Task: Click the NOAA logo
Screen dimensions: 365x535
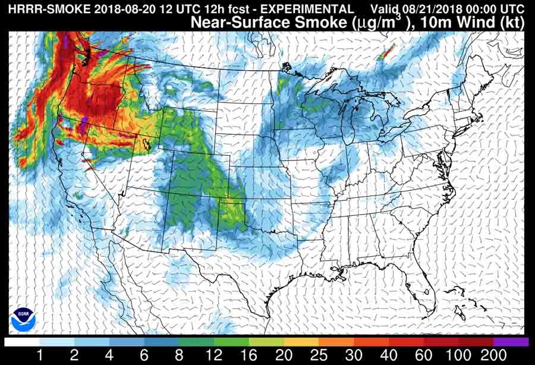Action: click(x=23, y=319)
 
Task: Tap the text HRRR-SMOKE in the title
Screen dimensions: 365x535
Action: click(x=39, y=9)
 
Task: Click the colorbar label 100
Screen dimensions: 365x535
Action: click(x=458, y=355)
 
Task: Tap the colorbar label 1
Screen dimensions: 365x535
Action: click(x=39, y=355)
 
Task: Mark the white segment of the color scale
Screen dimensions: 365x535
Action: click(x=22, y=342)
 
